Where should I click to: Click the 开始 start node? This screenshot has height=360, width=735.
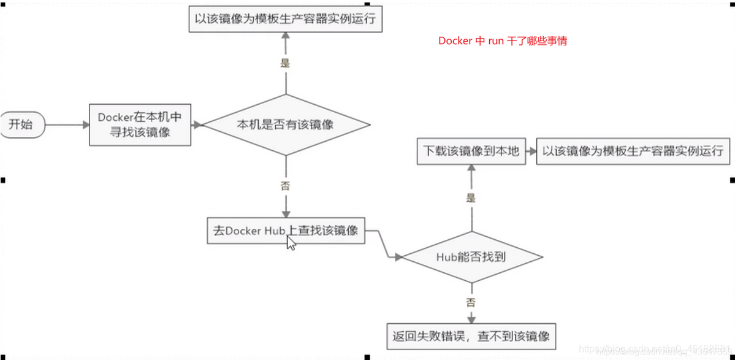[x=22, y=125]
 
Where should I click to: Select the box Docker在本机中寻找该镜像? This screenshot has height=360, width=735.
[x=140, y=125]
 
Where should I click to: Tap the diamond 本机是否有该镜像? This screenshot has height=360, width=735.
[x=286, y=125]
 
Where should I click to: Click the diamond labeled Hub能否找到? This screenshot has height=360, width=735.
[x=471, y=257]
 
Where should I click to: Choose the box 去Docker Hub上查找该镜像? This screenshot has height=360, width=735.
[x=286, y=231]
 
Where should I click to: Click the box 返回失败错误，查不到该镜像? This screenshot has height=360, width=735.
[x=471, y=336]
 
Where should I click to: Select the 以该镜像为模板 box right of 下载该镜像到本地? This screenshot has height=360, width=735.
[x=631, y=151]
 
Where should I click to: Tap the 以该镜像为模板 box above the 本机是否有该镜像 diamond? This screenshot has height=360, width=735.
[x=286, y=19]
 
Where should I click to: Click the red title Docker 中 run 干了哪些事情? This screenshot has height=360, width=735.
[x=503, y=42]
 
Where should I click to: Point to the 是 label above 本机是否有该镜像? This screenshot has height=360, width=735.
[x=285, y=63]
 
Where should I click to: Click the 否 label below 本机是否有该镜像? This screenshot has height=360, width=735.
[x=285, y=186]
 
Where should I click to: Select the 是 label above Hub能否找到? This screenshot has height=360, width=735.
[x=471, y=197]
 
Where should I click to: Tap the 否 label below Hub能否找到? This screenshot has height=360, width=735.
[x=471, y=302]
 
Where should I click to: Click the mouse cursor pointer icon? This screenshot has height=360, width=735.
[x=291, y=243]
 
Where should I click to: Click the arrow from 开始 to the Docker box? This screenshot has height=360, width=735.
[x=67, y=125]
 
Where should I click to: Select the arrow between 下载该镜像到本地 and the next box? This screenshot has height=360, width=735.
[x=530, y=151]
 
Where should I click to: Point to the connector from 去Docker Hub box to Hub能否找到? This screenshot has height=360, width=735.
[x=386, y=245]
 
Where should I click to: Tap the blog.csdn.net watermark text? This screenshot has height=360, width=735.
[x=656, y=350]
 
